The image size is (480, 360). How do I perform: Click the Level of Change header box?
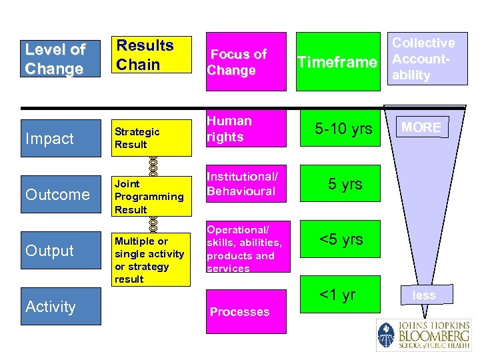(61, 59)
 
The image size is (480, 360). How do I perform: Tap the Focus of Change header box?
(246, 61)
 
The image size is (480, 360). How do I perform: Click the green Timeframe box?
(337, 61)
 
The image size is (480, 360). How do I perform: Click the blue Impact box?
(61, 138)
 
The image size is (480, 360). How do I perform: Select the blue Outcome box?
(61, 194)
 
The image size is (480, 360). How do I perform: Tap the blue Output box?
(61, 250)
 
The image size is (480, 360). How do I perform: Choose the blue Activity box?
(61, 306)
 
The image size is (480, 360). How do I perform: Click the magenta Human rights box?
(246, 129)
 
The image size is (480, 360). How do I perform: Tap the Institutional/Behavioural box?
(246, 184)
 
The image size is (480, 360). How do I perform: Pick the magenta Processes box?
(246, 311)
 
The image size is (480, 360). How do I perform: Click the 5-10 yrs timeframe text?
(344, 129)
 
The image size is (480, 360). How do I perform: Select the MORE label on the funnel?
(421, 127)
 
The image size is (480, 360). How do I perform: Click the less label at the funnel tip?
(424, 295)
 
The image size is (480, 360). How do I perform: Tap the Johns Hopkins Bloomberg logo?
(423, 335)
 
